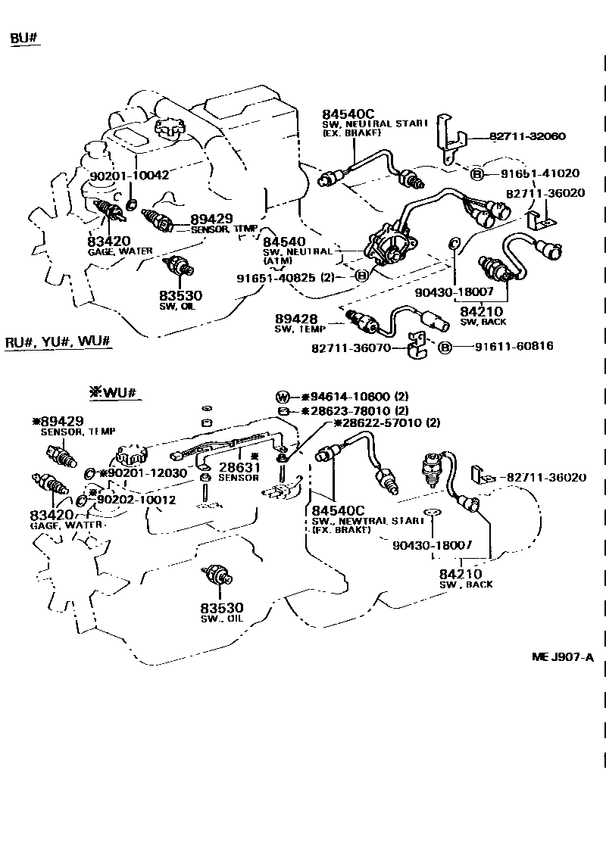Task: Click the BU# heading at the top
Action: tap(25, 39)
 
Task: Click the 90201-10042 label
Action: tap(129, 175)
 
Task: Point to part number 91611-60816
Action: tap(514, 346)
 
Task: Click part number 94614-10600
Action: tap(344, 397)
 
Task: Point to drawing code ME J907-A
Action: tap(562, 656)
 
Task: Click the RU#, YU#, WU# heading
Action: tap(59, 341)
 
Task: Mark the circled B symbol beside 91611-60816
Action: tap(446, 347)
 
